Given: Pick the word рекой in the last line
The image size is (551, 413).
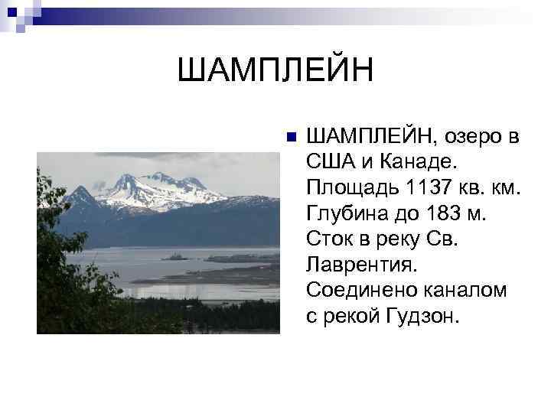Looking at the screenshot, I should (x=347, y=317).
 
